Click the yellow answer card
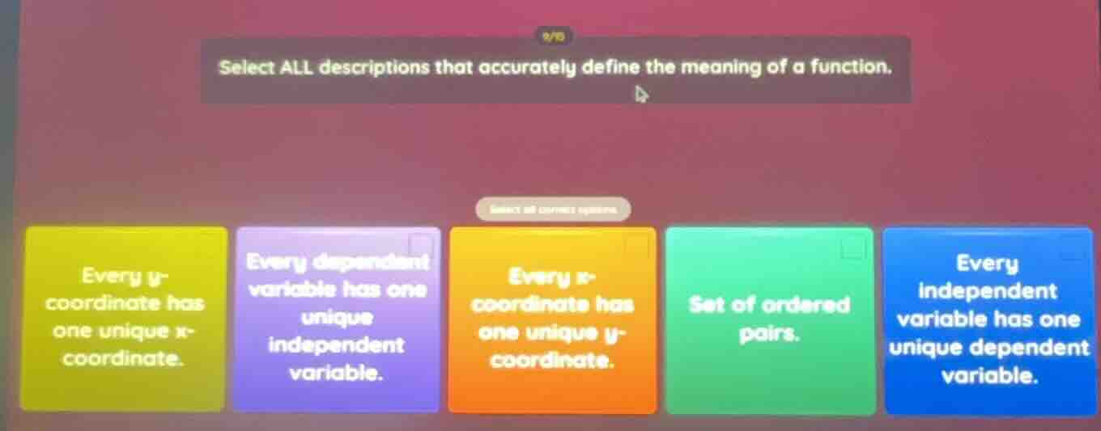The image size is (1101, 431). click(123, 319)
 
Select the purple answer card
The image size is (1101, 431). click(336, 319)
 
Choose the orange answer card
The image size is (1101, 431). click(553, 319)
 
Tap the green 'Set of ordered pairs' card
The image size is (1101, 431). click(769, 319)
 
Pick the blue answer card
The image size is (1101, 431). click(988, 319)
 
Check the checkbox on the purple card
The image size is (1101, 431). click(420, 243)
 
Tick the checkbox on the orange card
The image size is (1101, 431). click(636, 243)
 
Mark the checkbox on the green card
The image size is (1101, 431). click(852, 247)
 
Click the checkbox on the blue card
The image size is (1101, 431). click(1073, 247)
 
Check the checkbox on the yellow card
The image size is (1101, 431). click(209, 241)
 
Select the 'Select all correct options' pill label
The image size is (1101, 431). click(553, 209)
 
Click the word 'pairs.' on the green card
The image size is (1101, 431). click(770, 332)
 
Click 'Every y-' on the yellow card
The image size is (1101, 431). click(122, 277)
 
